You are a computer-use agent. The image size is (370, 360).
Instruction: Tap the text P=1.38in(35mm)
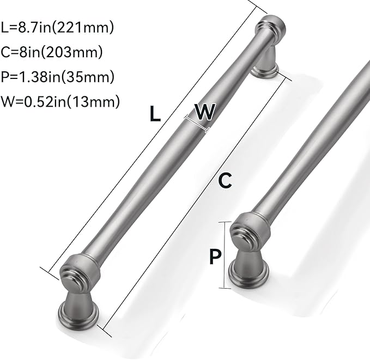(57, 77)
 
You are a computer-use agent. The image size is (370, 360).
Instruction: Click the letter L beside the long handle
(155, 114)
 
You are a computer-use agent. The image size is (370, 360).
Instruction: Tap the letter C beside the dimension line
(225, 180)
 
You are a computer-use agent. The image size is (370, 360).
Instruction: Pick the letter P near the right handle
(216, 256)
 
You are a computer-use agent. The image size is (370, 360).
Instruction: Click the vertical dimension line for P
(222, 256)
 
